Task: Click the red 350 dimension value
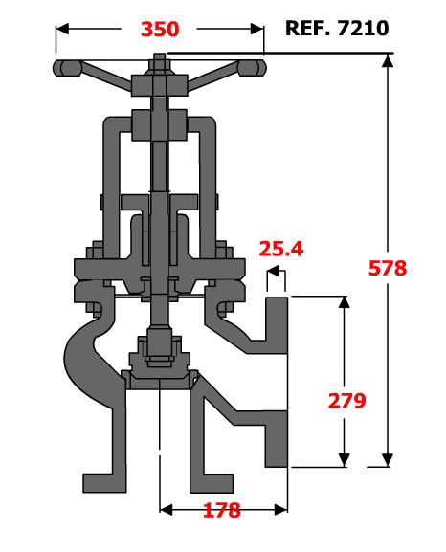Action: click(160, 29)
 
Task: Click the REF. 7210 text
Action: click(337, 28)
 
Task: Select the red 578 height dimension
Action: click(388, 268)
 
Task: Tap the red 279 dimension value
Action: click(347, 400)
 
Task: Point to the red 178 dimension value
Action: click(222, 510)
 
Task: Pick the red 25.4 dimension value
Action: click(281, 249)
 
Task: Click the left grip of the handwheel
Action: click(67, 68)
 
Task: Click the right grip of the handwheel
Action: click(252, 68)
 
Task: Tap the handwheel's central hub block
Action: click(159, 85)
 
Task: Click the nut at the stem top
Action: click(160, 64)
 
